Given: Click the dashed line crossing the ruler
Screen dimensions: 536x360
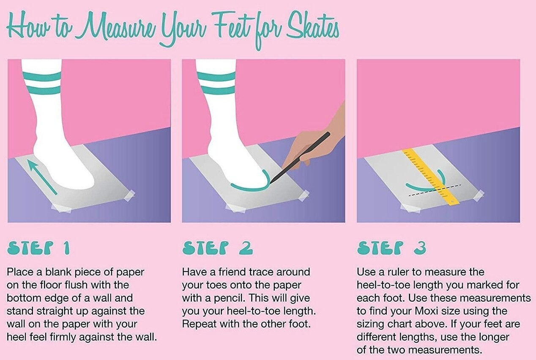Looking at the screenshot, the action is (435, 190).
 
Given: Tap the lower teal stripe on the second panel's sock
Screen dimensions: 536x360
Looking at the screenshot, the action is (216, 90).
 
